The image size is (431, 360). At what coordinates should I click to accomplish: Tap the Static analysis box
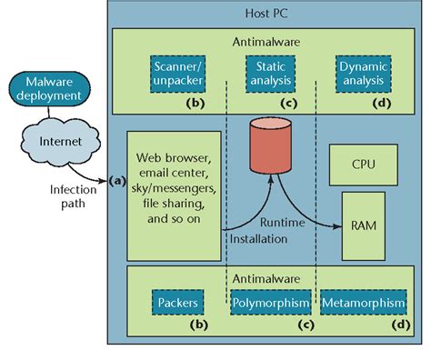tap(269, 74)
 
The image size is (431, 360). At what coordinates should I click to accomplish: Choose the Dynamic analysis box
tap(360, 74)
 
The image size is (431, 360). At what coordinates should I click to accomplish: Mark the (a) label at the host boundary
tap(115, 180)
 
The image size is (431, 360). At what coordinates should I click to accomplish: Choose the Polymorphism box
tap(269, 301)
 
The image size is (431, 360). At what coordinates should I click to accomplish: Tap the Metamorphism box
tap(362, 301)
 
